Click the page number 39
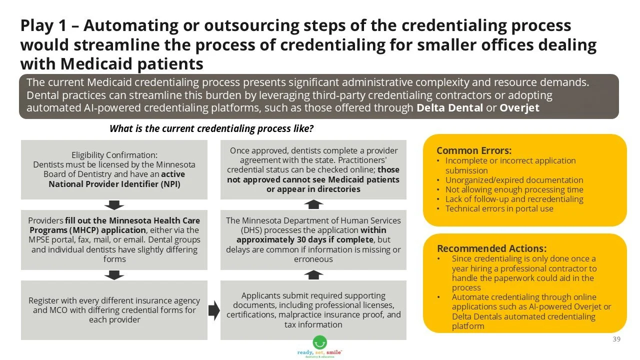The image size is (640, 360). coord(616,339)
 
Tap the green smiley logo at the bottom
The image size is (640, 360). coord(319,342)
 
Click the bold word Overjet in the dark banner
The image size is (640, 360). coord(519,107)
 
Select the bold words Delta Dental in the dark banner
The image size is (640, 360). coord(449,107)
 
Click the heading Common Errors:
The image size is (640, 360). coord(474,150)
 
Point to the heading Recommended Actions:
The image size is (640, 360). coord(491,248)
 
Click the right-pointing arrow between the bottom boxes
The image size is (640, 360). coord(214,310)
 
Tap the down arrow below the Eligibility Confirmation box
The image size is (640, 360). coord(114,205)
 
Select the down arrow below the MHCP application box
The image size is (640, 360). coord(114,275)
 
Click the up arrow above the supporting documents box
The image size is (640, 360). coord(313,275)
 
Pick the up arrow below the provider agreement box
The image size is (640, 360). coord(313,204)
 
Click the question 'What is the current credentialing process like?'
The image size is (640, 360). coord(211,128)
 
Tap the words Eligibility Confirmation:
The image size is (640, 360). coord(114,155)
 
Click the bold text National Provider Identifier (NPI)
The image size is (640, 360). coord(114,184)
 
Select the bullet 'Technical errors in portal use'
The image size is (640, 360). coord(499,208)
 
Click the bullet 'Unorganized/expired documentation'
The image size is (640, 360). coord(514,180)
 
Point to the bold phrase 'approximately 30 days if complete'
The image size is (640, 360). coord(305,239)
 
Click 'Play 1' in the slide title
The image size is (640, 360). coord(43,25)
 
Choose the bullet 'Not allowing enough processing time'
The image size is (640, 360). coord(514,189)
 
